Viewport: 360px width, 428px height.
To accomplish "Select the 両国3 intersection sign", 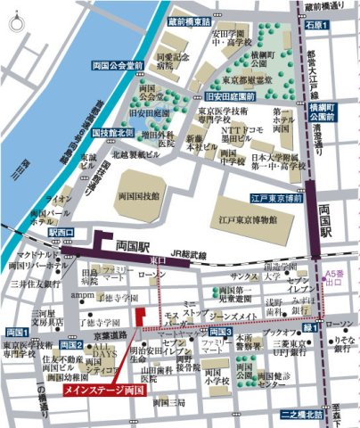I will click(220, 333).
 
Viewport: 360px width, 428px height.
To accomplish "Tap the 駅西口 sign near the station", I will click(61, 232).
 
